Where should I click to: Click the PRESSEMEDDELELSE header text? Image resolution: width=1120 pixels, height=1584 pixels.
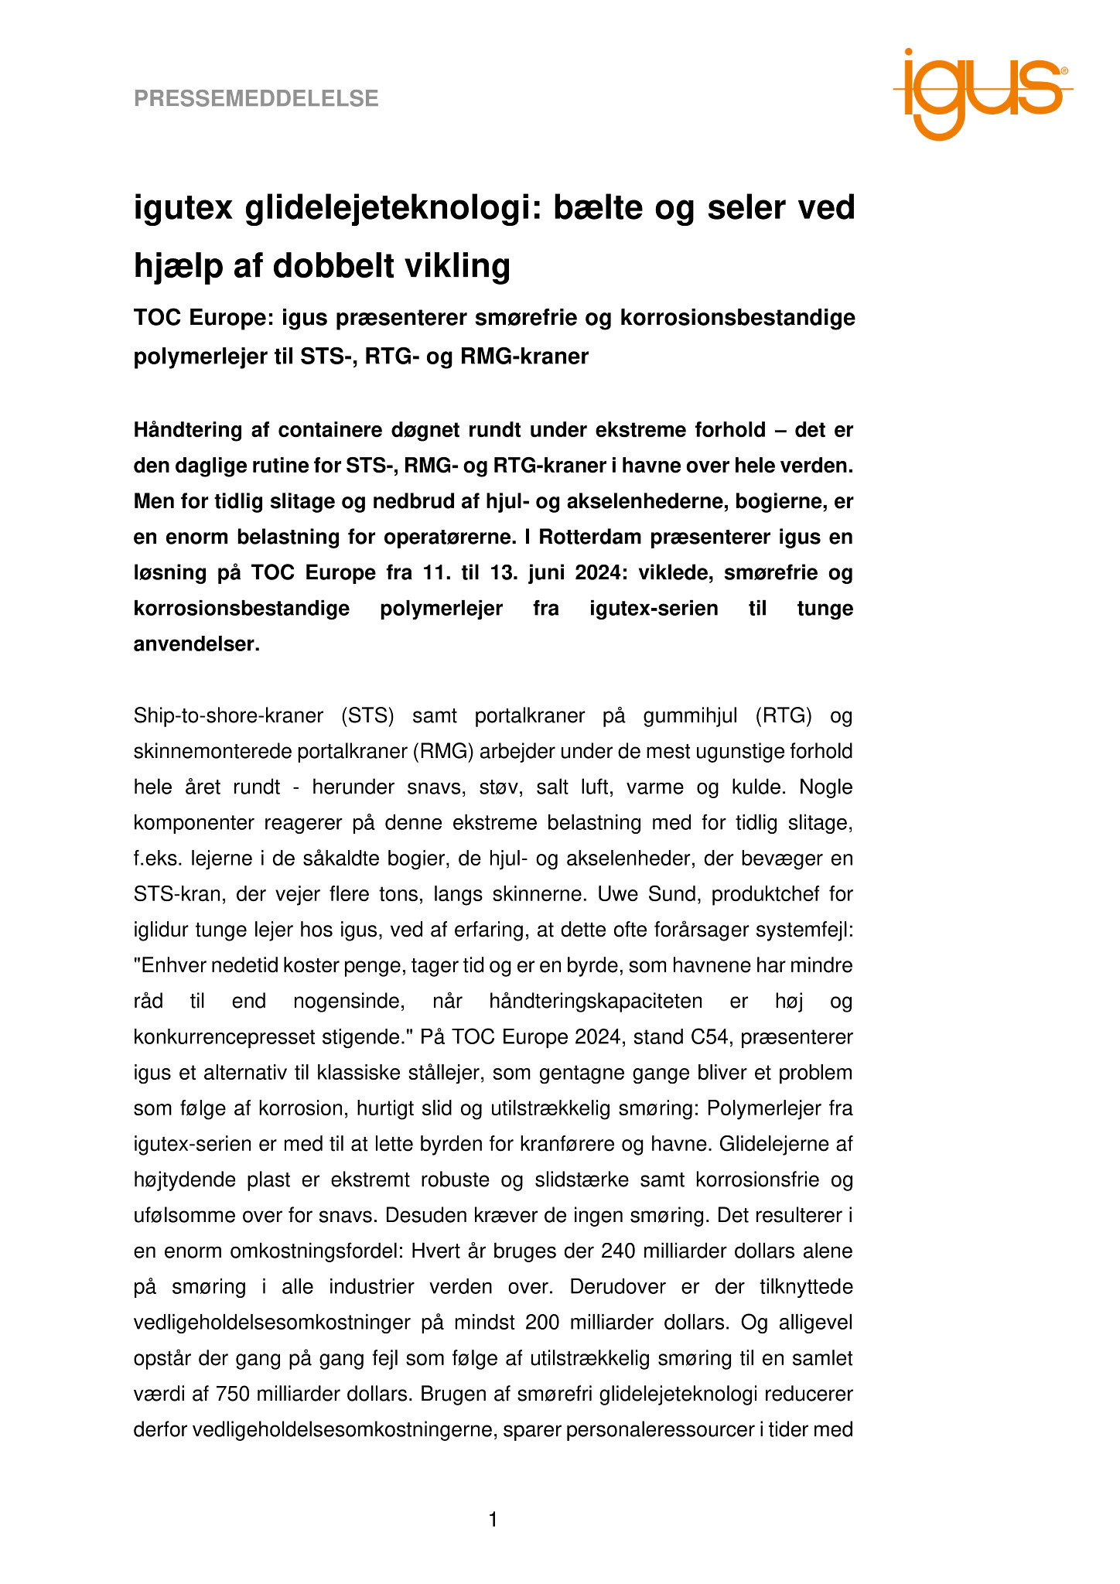(256, 99)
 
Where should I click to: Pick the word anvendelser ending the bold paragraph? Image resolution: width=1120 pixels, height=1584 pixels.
(195, 643)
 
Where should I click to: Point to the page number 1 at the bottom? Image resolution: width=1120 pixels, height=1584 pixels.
(493, 1521)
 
